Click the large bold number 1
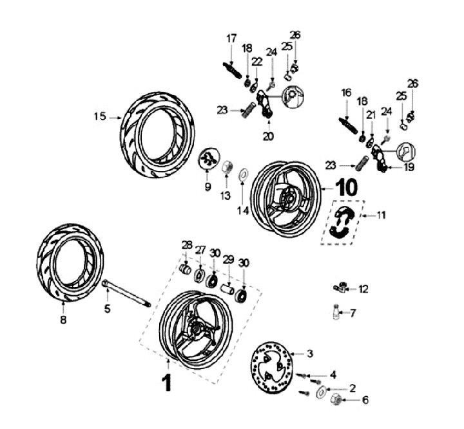tap(166, 382)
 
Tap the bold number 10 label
tap(345, 187)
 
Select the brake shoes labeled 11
tap(342, 223)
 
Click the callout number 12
tap(364, 289)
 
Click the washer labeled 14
tap(242, 173)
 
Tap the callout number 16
tap(347, 93)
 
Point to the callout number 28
tap(187, 244)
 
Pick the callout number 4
tap(333, 374)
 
